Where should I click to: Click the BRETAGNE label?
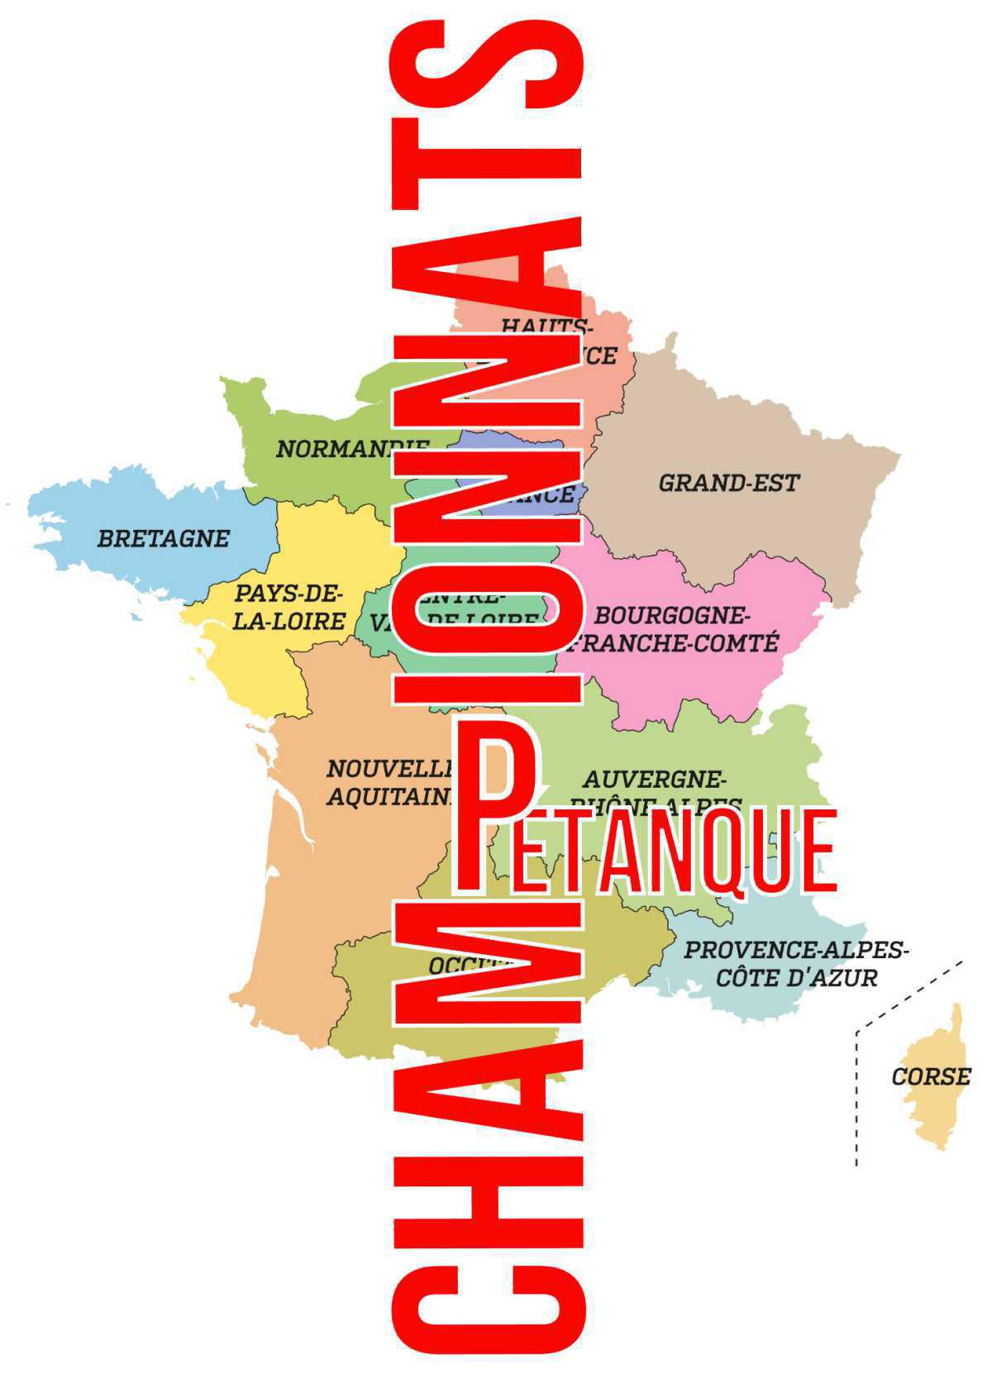tap(163, 538)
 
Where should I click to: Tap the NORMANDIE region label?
tap(351, 449)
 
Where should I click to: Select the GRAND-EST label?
tap(728, 483)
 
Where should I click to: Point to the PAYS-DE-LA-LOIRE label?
tap(288, 607)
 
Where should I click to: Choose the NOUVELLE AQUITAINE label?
tap(389, 782)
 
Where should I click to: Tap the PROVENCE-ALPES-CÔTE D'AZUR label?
tap(795, 964)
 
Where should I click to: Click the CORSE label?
tap(931, 1076)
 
